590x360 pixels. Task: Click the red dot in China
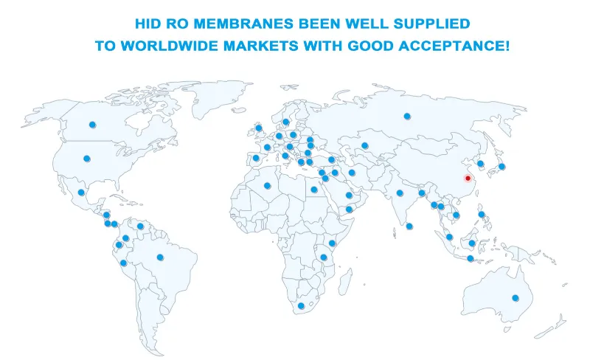tap(468, 179)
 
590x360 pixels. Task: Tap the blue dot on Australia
tap(516, 298)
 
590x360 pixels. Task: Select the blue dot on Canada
tap(92, 125)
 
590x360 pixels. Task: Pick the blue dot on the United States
tap(86, 158)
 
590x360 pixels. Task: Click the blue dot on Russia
tap(406, 116)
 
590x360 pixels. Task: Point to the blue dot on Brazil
tap(160, 257)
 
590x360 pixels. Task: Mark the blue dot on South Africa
tap(301, 305)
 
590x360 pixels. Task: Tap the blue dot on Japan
tap(502, 167)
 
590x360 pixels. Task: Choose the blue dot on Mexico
tap(81, 193)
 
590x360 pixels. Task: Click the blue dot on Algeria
tap(267, 185)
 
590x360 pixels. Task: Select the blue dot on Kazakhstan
tap(364, 145)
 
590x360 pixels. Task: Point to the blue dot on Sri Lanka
tap(409, 226)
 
